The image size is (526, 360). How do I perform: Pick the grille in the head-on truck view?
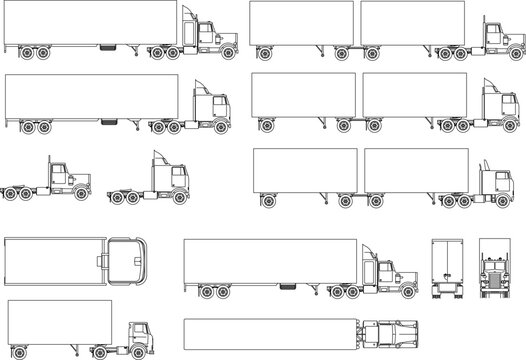click(x=495, y=274)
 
